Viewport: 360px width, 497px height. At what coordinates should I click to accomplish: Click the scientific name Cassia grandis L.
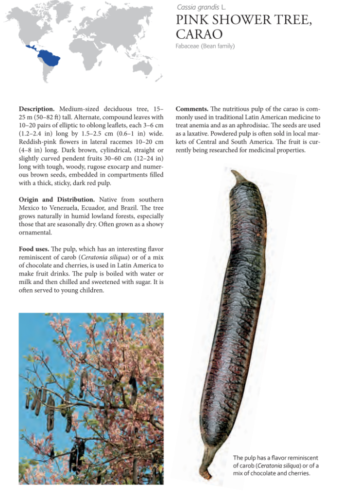click(201, 7)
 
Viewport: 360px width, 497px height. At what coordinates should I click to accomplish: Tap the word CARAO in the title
click(199, 34)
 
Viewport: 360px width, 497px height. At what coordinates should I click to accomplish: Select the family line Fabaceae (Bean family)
click(205, 46)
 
